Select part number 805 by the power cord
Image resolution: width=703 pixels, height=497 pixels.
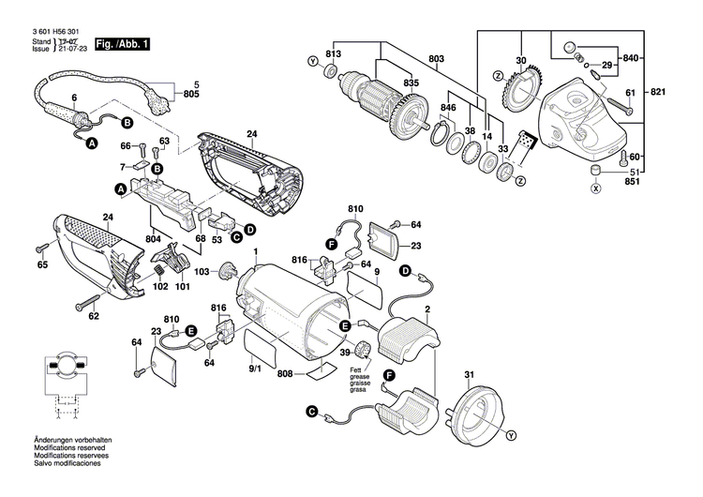tap(191, 95)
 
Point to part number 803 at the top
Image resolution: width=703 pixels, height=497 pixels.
tap(436, 60)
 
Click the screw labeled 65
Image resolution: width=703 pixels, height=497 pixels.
tap(42, 249)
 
